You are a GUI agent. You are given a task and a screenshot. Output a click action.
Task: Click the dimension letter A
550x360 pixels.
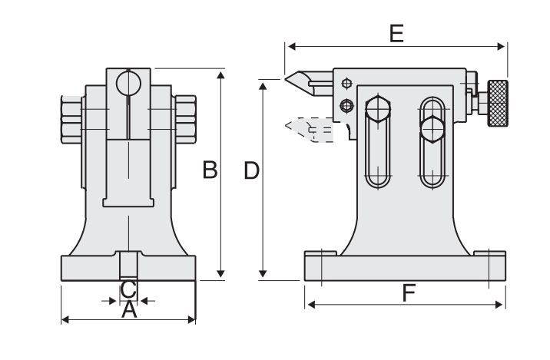(x=129, y=310)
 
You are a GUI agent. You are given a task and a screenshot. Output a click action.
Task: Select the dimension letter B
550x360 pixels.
(x=209, y=170)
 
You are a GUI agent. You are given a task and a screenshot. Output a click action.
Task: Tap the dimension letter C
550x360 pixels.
(x=129, y=289)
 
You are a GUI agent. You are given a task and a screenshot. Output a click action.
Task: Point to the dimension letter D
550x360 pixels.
(x=250, y=170)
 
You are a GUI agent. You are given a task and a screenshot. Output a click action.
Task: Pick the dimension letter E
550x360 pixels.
(x=396, y=33)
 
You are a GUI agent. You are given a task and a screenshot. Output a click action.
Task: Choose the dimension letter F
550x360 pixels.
(x=408, y=292)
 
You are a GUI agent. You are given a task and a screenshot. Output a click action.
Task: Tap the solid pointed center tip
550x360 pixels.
(x=297, y=79)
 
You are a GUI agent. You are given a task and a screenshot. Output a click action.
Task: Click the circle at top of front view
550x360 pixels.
(x=129, y=80)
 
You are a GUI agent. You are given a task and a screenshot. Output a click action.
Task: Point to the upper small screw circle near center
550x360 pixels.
(x=347, y=84)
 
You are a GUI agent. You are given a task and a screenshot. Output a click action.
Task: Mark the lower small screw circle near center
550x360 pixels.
(x=347, y=104)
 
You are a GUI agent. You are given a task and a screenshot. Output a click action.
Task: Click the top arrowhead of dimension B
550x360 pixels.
(x=221, y=75)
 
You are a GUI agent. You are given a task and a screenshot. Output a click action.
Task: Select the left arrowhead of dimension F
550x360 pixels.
(x=310, y=305)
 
